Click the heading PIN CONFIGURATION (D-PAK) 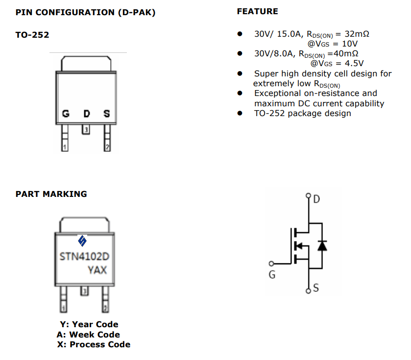[85, 12]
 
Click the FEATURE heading [257, 11]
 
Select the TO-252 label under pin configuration [32, 35]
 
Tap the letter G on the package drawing [65, 114]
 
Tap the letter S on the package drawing [106, 114]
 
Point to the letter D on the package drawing [86, 114]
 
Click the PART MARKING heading [51, 194]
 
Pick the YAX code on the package [97, 270]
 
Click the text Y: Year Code [89, 324]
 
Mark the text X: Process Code [94, 344]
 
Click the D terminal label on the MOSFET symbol [316, 199]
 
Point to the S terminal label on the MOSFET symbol [315, 288]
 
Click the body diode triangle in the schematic [321, 245]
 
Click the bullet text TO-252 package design [302, 113]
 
